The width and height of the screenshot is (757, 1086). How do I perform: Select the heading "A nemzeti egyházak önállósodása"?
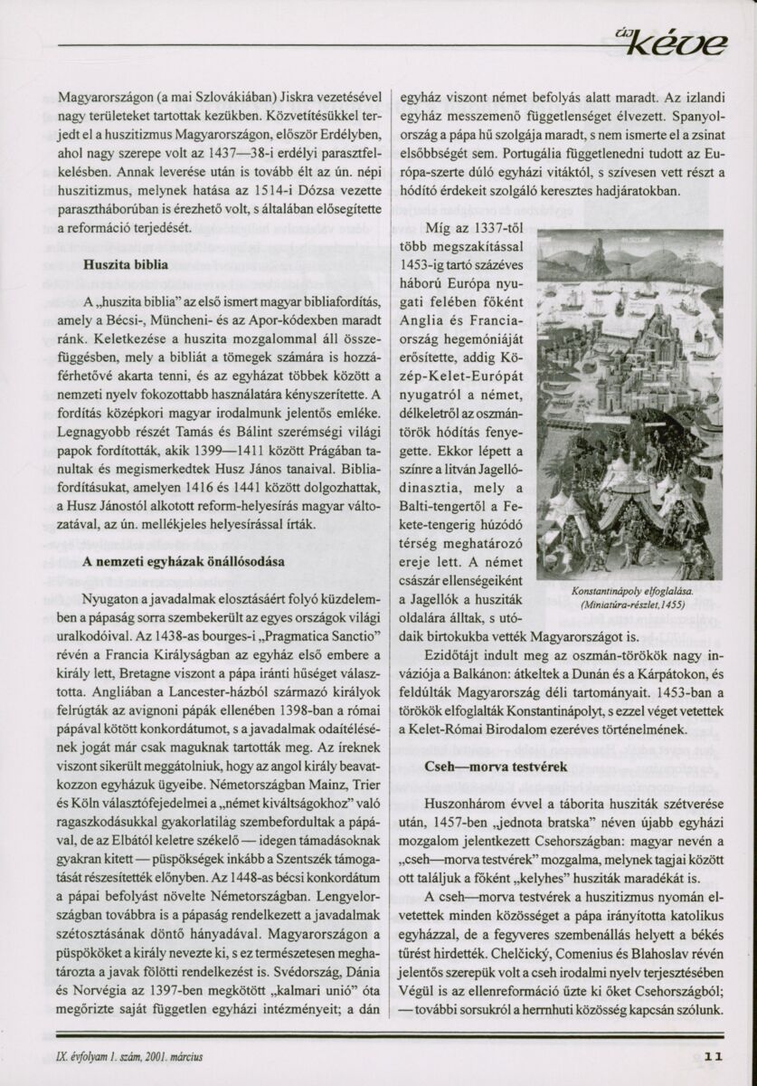[184, 561]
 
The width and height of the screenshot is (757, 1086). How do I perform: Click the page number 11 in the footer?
[714, 1054]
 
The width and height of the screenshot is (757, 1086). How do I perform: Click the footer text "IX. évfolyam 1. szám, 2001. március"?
[132, 1055]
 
